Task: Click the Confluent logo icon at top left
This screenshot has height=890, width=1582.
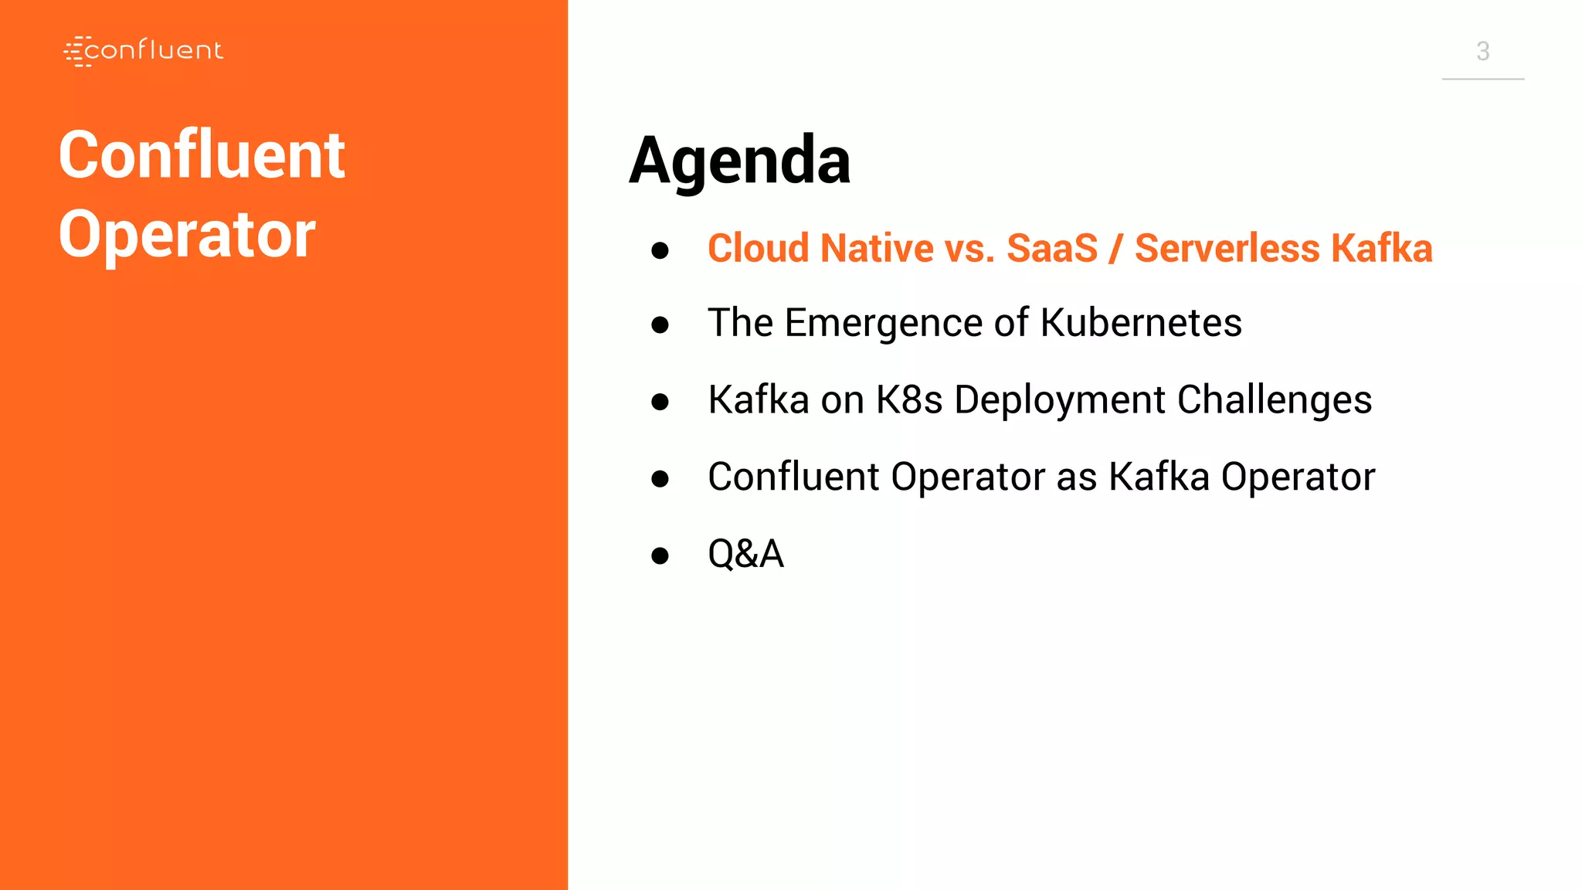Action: pyautogui.click(x=78, y=51)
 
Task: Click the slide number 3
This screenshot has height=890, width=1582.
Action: pyautogui.click(x=1482, y=51)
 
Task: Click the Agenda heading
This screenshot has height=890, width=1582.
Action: pyautogui.click(x=739, y=161)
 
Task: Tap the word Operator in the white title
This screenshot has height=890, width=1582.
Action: pyautogui.click(x=187, y=235)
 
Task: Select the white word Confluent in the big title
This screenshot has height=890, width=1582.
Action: pyautogui.click(x=202, y=155)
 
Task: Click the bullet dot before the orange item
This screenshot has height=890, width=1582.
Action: pyautogui.click(x=660, y=250)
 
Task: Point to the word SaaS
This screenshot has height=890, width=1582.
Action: pyautogui.click(x=1051, y=249)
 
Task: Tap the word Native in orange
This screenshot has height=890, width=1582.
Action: pyautogui.click(x=877, y=249)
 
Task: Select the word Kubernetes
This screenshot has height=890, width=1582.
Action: pyautogui.click(x=1140, y=323)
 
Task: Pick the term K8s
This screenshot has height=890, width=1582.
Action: pyautogui.click(x=908, y=400)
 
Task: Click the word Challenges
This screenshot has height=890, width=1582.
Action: pyautogui.click(x=1274, y=400)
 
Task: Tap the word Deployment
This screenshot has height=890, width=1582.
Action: pyautogui.click(x=1059, y=400)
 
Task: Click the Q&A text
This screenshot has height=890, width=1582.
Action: pyautogui.click(x=745, y=554)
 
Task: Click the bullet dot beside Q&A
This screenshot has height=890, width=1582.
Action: pyautogui.click(x=660, y=555)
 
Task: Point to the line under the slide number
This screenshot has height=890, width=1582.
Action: pyautogui.click(x=1482, y=79)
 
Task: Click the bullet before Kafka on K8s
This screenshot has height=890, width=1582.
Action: pyautogui.click(x=660, y=402)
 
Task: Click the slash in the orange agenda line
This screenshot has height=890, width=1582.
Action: pyautogui.click(x=1115, y=249)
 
